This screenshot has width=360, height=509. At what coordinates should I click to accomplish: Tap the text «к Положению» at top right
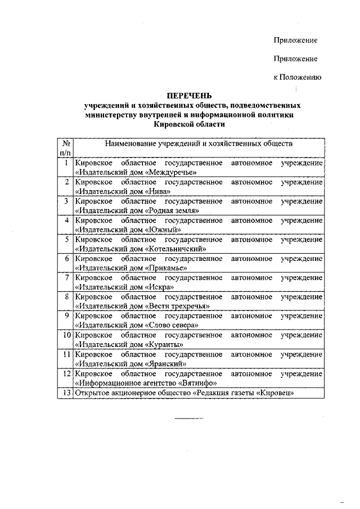[297, 77]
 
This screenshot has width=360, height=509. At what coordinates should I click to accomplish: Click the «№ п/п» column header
[65, 148]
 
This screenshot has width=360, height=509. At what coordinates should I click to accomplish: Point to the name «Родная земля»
[174, 210]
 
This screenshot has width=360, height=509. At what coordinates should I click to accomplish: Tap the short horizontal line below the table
[188, 419]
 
